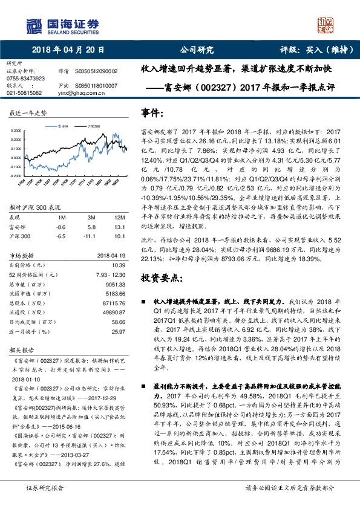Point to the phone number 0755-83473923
pyautogui.click(x=25, y=79)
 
